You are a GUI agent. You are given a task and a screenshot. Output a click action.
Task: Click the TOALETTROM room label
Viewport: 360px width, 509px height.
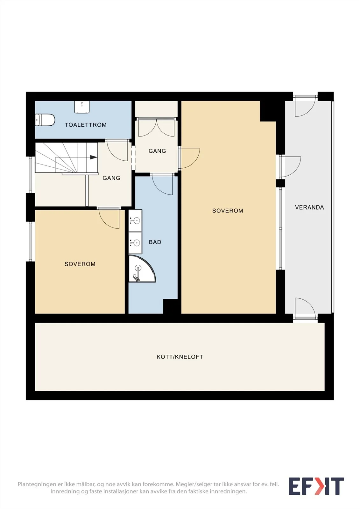point(86,125)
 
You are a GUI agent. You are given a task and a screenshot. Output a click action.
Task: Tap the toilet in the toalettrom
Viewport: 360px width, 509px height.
point(45,120)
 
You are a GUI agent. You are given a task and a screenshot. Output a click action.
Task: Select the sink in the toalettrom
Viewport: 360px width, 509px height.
point(81,107)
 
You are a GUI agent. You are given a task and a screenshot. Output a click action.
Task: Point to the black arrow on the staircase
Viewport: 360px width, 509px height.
point(94,157)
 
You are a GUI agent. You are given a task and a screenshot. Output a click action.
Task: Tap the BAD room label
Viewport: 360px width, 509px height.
point(155,242)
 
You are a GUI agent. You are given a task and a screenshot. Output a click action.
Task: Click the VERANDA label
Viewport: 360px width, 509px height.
point(309,207)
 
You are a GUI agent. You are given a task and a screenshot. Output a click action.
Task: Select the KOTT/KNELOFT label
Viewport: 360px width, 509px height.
point(180,357)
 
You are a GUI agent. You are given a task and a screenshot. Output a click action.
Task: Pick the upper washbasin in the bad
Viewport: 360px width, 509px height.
point(135,220)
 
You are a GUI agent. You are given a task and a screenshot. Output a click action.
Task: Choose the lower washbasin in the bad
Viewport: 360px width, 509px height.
point(135,243)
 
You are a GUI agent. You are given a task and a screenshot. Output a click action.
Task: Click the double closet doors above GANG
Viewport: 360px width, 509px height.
point(157,127)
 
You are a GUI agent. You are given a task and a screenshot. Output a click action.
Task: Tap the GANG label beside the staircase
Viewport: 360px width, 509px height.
point(111,178)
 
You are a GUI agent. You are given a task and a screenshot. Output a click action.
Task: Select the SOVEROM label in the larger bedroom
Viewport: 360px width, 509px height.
point(228,211)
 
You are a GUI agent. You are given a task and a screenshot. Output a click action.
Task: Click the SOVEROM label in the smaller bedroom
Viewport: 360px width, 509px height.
point(80,264)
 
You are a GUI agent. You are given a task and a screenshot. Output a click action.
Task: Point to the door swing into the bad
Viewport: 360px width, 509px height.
point(162,185)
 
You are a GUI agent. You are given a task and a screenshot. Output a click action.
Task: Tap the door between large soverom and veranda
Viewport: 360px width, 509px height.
point(290,167)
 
